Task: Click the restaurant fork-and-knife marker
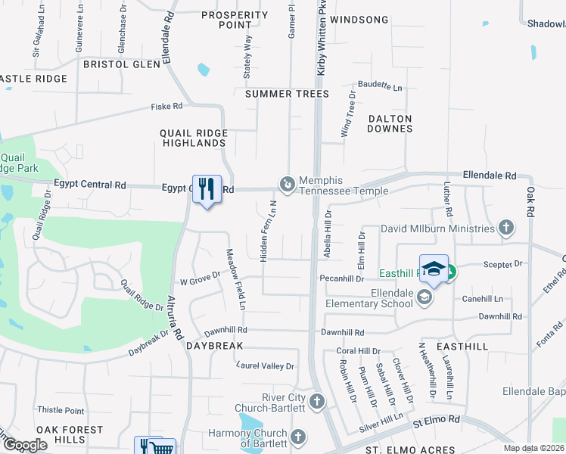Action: [207, 188]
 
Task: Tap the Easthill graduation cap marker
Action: [434, 269]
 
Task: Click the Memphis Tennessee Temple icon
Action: [288, 184]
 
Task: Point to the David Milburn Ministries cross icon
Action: [506, 227]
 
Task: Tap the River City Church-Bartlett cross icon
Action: [317, 401]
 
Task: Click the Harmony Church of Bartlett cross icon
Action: [298, 437]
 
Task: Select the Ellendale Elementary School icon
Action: [424, 299]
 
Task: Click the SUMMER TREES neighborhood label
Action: [287, 94]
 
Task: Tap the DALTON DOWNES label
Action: [390, 123]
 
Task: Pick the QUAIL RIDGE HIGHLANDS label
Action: [193, 138]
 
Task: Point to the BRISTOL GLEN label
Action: [122, 64]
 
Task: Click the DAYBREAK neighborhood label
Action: [215, 345]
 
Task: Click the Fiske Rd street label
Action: [167, 107]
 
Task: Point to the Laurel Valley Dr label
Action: [265, 366]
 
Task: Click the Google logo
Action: [24, 446]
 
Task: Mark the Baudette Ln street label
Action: [380, 87]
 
